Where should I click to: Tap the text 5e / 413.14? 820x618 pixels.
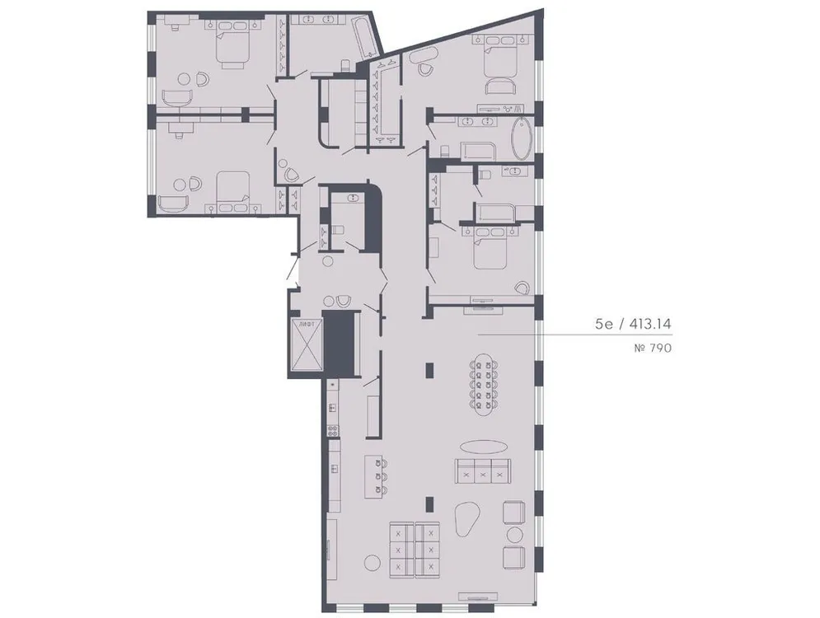[x=634, y=325]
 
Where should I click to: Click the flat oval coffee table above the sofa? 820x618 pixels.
[x=484, y=446]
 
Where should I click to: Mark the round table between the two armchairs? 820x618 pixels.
[x=515, y=534]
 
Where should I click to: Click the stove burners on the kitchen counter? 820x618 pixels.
[x=332, y=428]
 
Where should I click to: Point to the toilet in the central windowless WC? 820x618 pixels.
[x=336, y=232]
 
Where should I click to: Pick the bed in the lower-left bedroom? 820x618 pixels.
[x=232, y=188]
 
